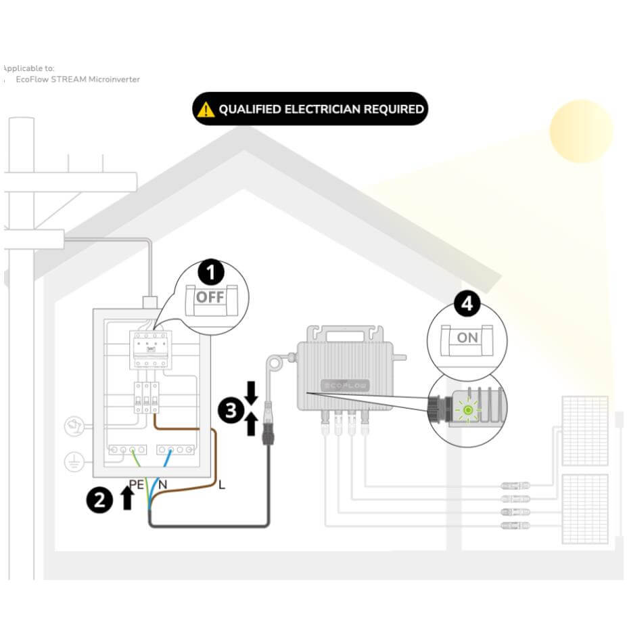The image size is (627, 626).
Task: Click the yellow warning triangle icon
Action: coord(205,110)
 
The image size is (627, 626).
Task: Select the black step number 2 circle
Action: coord(99,500)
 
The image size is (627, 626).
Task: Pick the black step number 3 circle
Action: coord(231,411)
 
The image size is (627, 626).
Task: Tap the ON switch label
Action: coord(467,337)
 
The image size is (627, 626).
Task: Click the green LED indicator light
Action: coord(467,410)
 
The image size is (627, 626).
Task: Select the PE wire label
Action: coord(136,485)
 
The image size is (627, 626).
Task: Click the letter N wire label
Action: coord(162,485)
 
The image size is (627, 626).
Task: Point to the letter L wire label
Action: coord(221,485)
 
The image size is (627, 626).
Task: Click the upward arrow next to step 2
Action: coord(126,499)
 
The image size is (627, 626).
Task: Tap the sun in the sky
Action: coord(581,131)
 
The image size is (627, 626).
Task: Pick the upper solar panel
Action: coord(584,431)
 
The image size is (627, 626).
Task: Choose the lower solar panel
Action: coord(584,509)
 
